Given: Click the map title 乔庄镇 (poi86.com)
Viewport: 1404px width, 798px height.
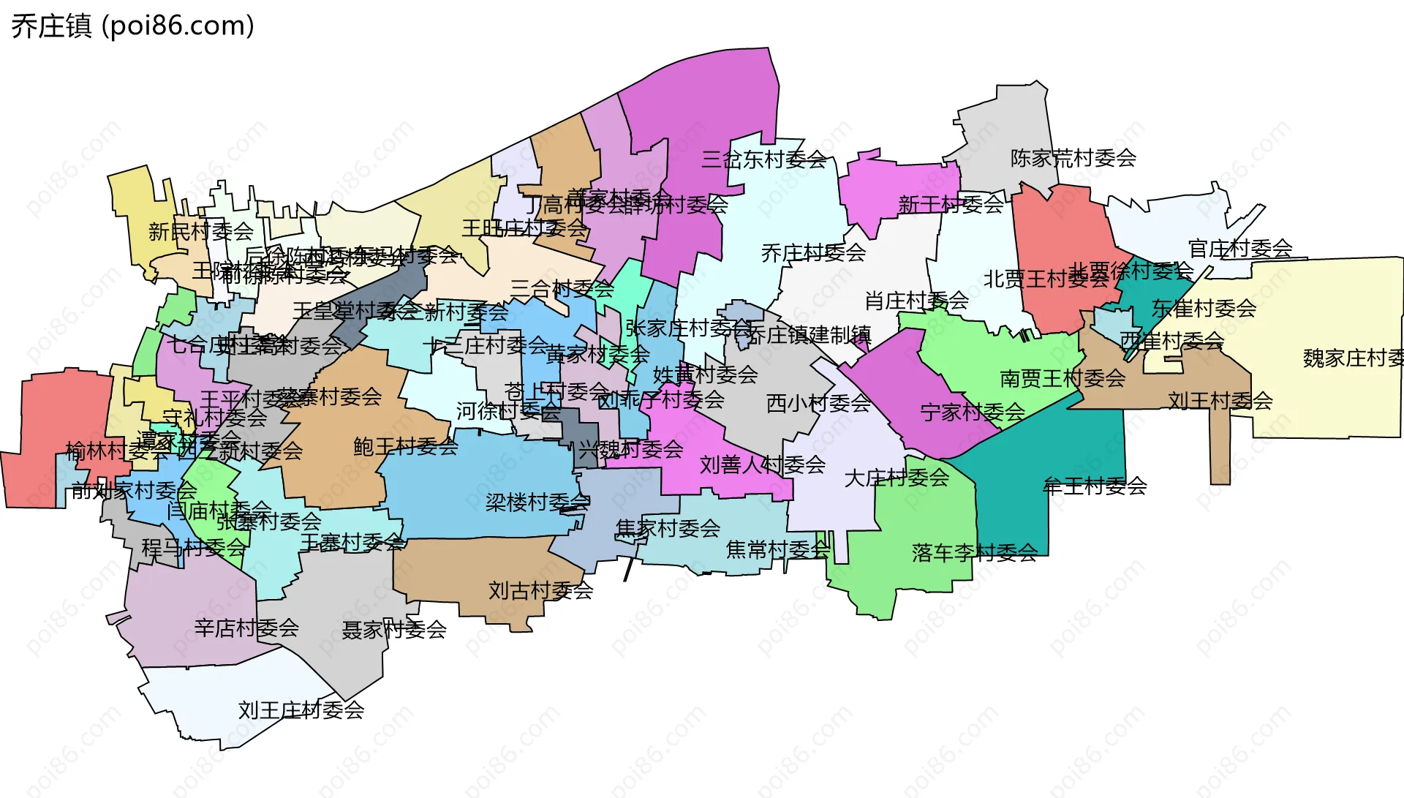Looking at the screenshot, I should coord(132,26).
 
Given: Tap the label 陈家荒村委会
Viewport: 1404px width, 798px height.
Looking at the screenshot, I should coord(1073,158).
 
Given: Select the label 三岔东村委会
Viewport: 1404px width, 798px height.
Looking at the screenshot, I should coord(763,159).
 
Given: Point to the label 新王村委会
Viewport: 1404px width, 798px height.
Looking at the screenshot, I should coord(951,204).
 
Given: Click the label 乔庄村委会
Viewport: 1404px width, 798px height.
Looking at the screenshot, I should coord(813,253).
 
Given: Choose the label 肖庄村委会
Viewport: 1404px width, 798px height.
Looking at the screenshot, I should coord(916,300).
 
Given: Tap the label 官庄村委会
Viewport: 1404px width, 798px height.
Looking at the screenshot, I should coord(1240,249).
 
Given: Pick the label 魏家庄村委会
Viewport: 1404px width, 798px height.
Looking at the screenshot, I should coord(1353,358).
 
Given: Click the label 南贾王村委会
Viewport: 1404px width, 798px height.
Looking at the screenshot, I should coord(1063,378).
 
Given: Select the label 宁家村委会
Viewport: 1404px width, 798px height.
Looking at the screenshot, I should coord(973,412).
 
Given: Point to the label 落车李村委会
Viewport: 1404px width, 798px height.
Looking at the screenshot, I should coord(974,552).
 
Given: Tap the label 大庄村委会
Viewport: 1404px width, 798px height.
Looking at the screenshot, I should coord(897,478).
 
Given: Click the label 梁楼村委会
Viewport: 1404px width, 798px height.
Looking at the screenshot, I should coord(537,502).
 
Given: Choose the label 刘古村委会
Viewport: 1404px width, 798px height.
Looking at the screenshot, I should coord(540,590).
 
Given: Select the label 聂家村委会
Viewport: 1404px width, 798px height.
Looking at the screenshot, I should coord(394,629).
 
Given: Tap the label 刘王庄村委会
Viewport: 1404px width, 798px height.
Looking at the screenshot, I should coord(301,709).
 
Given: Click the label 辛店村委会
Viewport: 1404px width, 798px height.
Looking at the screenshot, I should coord(246,628).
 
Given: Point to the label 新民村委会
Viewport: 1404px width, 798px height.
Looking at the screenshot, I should coord(200,231).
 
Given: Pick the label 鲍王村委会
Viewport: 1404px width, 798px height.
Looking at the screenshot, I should coord(405,446).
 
